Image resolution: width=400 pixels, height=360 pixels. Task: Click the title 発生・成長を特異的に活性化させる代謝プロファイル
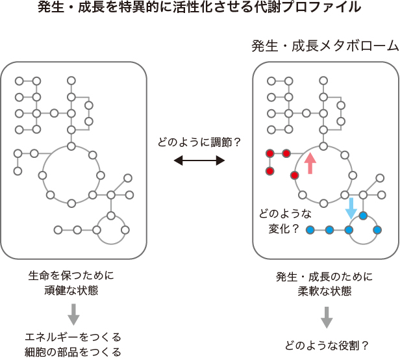coord(199,8)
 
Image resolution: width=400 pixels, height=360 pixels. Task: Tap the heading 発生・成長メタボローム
coord(325,47)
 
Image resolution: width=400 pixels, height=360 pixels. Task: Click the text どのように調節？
coord(199,141)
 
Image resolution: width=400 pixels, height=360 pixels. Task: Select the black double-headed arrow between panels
coord(199,160)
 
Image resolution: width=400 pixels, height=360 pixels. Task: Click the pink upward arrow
coord(310,162)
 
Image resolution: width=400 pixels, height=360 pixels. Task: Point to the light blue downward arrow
coord(351,207)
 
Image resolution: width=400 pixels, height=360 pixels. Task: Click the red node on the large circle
coord(295,175)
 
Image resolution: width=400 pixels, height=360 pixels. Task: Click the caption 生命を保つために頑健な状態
coord(72,282)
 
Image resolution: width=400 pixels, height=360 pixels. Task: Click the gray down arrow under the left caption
coord(73,314)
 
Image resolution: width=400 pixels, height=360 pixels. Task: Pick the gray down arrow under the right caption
coord(327,316)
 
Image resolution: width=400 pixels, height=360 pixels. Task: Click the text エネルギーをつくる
coord(73,337)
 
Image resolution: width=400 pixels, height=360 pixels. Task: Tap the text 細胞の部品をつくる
coord(73,352)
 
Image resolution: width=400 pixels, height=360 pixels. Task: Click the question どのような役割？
coord(327,344)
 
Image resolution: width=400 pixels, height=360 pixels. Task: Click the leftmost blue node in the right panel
coord(310,230)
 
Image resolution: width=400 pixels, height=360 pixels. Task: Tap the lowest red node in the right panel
coord(269,172)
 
